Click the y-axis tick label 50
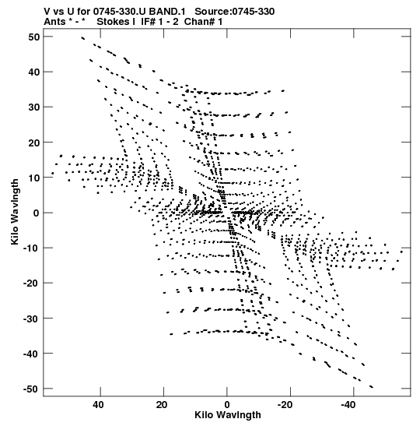click(34, 37)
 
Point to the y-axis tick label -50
click(31, 389)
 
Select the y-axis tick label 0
click(37, 213)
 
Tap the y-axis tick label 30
click(34, 107)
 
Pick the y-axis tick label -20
click(31, 283)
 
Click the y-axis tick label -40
click(31, 354)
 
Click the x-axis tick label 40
click(98, 405)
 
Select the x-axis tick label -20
click(285, 405)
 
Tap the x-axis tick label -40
click(348, 405)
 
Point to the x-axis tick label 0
click(227, 405)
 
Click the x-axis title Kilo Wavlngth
click(228, 415)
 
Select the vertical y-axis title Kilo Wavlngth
click(15, 212)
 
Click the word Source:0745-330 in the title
click(235, 12)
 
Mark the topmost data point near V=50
click(82, 38)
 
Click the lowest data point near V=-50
click(372, 386)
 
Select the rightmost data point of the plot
click(401, 252)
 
